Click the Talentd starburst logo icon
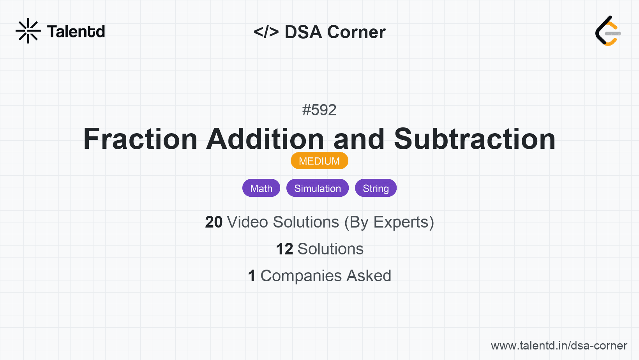(x=28, y=31)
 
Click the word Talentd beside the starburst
(x=76, y=32)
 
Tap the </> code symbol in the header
(x=266, y=32)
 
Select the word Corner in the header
(x=356, y=32)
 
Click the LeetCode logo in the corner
(x=608, y=31)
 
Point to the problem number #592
(x=319, y=110)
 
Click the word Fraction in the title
(x=140, y=139)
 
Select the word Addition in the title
(x=265, y=139)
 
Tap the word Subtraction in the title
(x=475, y=139)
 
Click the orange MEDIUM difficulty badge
(x=319, y=161)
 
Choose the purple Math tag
(x=261, y=188)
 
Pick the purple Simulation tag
(x=318, y=188)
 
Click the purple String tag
(x=376, y=188)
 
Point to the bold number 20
(x=214, y=222)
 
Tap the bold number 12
(x=284, y=249)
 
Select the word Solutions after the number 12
(x=331, y=249)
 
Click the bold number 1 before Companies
(x=252, y=276)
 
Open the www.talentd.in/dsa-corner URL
(x=559, y=346)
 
